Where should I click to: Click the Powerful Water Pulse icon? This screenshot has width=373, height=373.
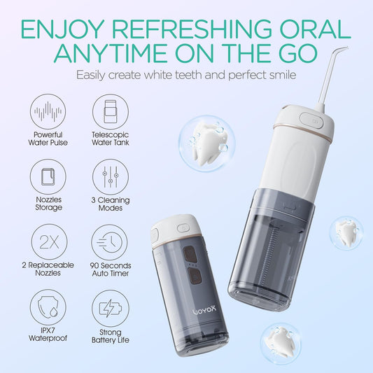coord(47,112)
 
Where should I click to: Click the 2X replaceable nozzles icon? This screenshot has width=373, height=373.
coord(47,242)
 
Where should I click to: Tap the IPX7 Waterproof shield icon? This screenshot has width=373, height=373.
coord(47,308)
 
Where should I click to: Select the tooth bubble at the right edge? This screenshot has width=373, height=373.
coord(347,231)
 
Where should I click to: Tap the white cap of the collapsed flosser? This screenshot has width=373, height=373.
coord(171,230)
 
